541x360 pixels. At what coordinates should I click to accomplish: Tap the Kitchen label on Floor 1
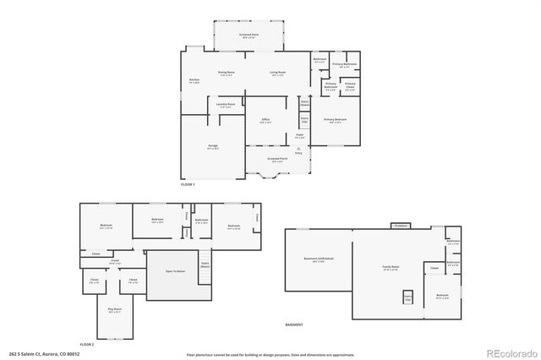coord(194,81)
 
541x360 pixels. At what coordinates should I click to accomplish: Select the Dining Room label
coord(226,74)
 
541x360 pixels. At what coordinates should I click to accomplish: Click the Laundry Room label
coord(225,105)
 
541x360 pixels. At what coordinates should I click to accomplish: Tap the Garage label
coord(212,146)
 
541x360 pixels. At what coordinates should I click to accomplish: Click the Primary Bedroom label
coord(336,120)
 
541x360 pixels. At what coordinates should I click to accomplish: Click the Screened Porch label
coord(277,158)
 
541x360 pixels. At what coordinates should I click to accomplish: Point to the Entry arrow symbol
coord(298,147)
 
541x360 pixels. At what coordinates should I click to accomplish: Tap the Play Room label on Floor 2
coord(113,310)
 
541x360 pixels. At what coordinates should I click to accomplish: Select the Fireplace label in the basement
coord(399,226)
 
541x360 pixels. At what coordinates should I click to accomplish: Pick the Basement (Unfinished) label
coord(318,259)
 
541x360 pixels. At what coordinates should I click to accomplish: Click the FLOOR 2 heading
coord(87,345)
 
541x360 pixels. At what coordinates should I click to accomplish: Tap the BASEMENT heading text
coord(293,325)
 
